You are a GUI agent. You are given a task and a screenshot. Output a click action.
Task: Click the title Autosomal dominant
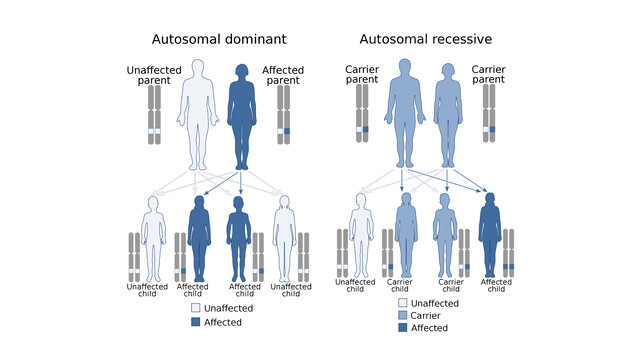pos(219,39)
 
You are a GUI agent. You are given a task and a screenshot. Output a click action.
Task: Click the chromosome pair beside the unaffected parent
pos(154,116)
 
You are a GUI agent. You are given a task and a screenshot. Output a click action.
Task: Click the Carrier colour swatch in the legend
pos(403,315)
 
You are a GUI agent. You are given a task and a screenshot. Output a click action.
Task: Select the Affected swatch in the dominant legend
pos(196,323)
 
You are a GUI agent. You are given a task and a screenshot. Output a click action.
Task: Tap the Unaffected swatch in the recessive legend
pos(403,303)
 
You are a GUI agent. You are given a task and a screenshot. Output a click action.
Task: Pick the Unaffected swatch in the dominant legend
pos(196,309)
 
